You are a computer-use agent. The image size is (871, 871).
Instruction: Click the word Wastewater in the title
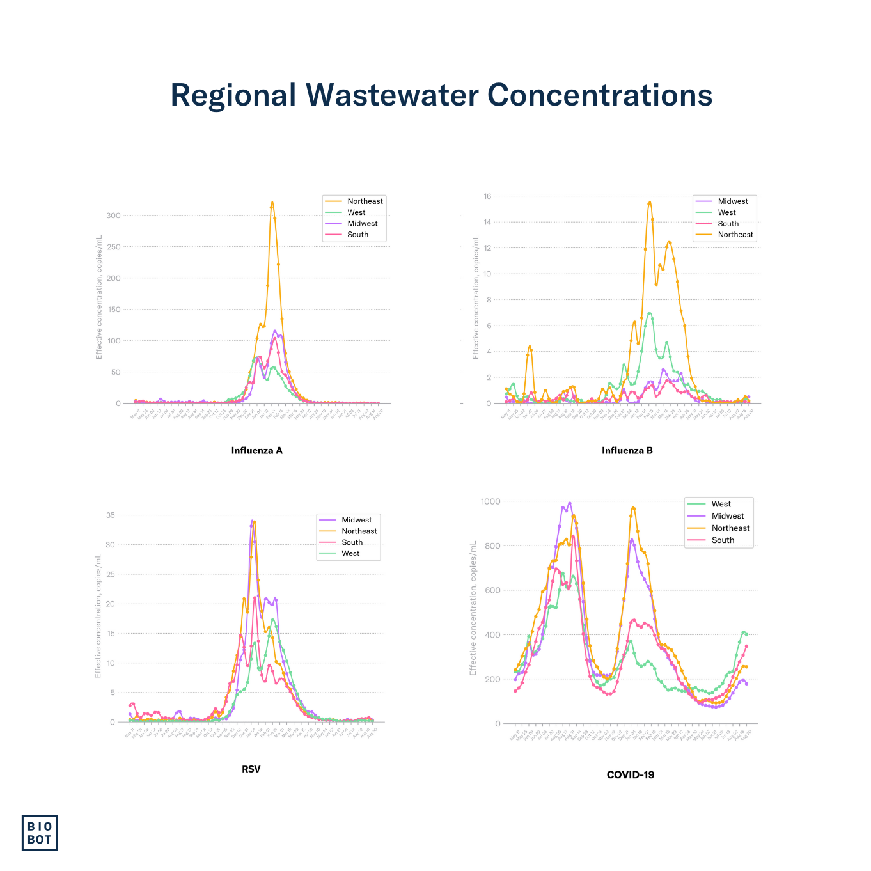coord(392,95)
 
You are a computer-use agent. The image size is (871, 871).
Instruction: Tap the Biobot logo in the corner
coord(40,833)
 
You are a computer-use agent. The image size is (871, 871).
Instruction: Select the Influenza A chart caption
coord(256,450)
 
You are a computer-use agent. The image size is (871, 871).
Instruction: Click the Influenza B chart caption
coord(627,450)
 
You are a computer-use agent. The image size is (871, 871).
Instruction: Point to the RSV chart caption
coord(251,769)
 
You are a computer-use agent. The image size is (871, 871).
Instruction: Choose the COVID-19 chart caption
coord(630,774)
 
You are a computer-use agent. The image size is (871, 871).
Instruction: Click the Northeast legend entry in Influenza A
coord(365,201)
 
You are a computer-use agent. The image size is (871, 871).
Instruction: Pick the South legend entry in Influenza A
coord(357,235)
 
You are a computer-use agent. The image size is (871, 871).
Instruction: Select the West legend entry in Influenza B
coord(726,212)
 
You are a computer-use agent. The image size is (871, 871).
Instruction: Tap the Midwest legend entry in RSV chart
coord(356,520)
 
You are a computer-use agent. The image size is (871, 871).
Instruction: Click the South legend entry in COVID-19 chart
coord(723,540)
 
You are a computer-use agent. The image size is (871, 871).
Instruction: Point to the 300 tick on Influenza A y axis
coord(113,216)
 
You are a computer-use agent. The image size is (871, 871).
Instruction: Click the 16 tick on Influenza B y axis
coord(487,196)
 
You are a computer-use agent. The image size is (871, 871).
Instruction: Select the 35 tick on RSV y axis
coord(111,515)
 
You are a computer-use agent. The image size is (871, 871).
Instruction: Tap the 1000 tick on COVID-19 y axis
coord(490,501)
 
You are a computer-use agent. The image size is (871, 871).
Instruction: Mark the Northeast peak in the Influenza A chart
coord(272,203)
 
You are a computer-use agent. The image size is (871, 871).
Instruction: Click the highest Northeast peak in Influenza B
coord(650,203)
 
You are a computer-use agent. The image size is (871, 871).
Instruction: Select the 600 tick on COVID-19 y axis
coord(492,590)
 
